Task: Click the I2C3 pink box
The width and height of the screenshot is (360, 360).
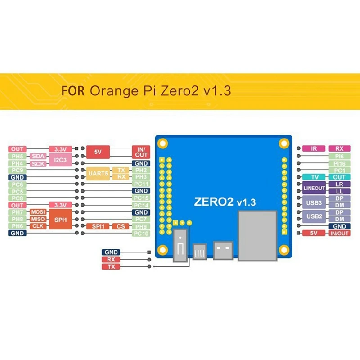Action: (60, 160)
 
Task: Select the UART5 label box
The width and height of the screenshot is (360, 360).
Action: (98, 174)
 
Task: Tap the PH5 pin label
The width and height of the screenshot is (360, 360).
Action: (18, 156)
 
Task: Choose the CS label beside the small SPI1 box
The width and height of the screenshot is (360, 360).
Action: (120, 226)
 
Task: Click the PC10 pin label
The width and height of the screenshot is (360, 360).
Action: (141, 234)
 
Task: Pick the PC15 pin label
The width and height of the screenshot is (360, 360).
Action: (141, 198)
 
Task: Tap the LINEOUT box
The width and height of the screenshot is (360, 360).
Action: (314, 188)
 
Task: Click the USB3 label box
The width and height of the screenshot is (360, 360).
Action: (314, 202)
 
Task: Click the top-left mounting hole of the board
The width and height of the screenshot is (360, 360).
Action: (162, 144)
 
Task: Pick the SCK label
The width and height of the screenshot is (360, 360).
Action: (38, 164)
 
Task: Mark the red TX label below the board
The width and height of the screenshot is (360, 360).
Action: (111, 267)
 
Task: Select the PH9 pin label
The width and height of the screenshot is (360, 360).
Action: (141, 226)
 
